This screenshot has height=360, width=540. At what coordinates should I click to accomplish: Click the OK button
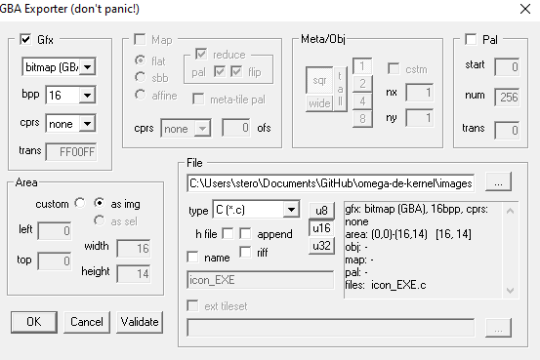click(34, 322)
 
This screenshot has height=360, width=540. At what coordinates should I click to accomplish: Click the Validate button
click(140, 322)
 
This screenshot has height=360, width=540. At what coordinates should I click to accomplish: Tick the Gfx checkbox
click(25, 39)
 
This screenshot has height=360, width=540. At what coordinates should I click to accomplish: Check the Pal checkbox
click(471, 39)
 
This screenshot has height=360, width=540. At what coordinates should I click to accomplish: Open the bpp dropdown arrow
click(87, 95)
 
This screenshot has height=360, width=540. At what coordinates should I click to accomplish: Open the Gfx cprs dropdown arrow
click(87, 124)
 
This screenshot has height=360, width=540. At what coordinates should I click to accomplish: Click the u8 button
click(321, 211)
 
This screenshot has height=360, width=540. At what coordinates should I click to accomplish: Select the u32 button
click(321, 246)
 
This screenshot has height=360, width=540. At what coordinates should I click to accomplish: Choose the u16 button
click(321, 228)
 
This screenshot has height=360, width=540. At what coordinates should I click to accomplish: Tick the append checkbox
click(245, 234)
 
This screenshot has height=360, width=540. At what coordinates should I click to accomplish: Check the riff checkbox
click(245, 252)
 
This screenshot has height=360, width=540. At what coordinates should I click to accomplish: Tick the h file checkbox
click(228, 234)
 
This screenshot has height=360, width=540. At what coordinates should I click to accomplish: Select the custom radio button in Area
click(80, 203)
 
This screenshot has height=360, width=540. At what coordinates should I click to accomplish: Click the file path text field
click(331, 183)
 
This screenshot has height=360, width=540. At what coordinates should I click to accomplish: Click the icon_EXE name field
click(261, 280)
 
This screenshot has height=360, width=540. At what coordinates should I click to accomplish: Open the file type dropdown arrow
click(291, 210)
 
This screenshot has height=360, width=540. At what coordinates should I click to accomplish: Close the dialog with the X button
click(525, 9)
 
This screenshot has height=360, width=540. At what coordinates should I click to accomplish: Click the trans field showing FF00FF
click(71, 152)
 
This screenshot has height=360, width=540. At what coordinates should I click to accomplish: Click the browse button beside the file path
click(498, 182)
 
